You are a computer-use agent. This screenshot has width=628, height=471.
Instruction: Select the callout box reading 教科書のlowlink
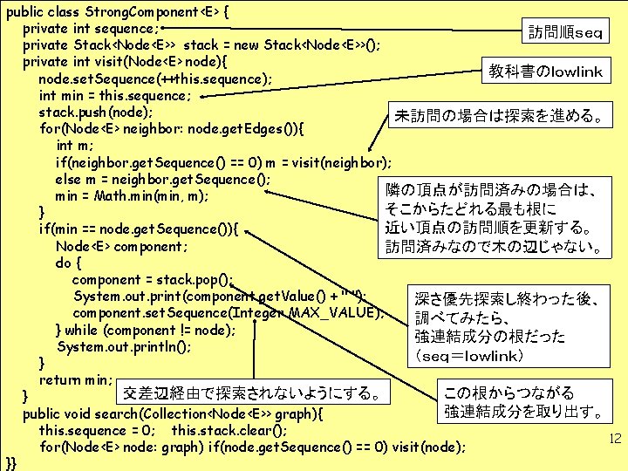546,72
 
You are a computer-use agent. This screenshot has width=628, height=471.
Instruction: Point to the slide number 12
615,439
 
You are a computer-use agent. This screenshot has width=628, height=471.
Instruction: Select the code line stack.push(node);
96,113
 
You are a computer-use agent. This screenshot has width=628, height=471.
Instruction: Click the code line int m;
75,146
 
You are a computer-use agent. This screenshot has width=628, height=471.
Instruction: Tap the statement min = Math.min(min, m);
131,195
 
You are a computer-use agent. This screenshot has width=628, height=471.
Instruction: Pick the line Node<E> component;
121,246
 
